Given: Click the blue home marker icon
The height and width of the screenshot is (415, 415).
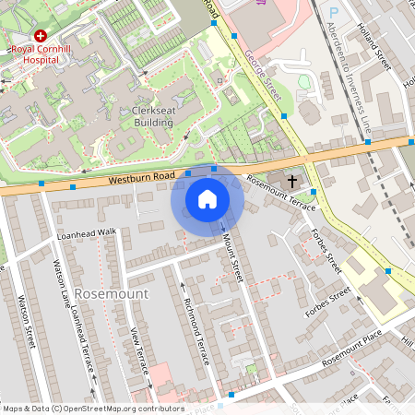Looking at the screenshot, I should [207, 198].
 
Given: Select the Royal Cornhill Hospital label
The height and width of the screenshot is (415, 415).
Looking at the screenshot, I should [34, 53].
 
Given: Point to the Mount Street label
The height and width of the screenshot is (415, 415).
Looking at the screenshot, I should [231, 255].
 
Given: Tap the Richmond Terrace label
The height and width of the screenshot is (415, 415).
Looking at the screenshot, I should [197, 329].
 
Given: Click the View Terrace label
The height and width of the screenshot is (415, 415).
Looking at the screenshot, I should [140, 350].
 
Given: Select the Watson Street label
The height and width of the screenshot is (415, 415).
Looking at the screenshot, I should [25, 322].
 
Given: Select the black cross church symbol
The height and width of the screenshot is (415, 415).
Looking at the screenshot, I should [293, 181].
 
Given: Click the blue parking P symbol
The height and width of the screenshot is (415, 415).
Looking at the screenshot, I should [334, 12].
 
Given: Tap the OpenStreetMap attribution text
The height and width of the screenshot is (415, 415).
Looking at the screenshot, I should [92, 408].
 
